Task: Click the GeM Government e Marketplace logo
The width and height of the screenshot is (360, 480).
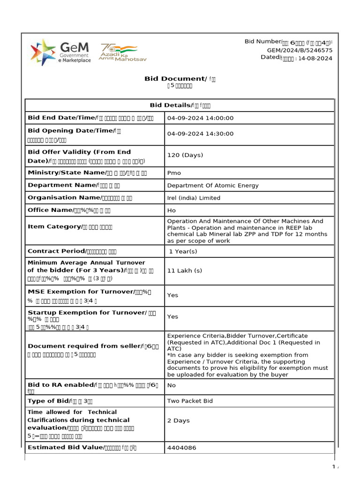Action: click(60, 52)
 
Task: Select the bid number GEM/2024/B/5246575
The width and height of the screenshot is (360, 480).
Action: click(300, 50)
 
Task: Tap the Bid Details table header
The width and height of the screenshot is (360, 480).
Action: click(180, 105)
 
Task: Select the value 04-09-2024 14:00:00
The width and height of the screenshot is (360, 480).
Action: click(200, 118)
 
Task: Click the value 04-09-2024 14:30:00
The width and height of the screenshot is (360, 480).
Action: click(200, 134)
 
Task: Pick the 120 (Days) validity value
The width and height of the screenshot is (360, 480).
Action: click(185, 155)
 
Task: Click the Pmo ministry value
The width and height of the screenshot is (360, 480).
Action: click(174, 173)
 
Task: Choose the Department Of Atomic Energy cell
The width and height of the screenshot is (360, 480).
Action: click(213, 186)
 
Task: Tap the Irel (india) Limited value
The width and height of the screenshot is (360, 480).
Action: click(194, 198)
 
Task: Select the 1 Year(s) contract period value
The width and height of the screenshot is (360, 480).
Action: click(183, 252)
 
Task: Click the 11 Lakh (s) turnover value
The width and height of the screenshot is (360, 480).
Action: click(185, 271)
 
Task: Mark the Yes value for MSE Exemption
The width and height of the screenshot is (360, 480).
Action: click(172, 295)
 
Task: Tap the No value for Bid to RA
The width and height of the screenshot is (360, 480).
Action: click(172, 385)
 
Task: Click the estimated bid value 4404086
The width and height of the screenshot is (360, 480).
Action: click(181, 448)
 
